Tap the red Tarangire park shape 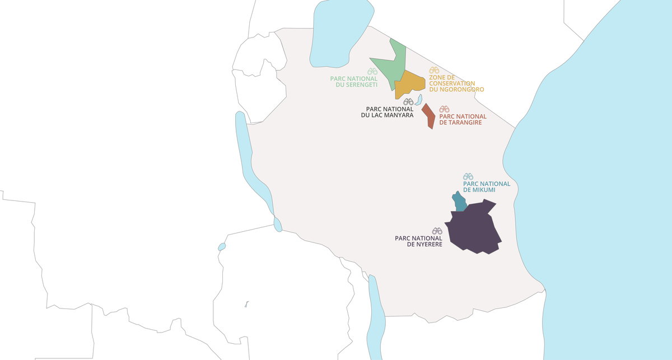428,116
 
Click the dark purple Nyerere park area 473,230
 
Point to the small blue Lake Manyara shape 418,100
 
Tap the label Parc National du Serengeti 353,82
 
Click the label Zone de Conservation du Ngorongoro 456,83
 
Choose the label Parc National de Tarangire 463,120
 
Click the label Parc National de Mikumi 487,187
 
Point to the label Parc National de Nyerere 418,241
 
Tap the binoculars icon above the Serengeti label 372,72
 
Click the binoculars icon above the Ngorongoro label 434,71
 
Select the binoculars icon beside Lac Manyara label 408,102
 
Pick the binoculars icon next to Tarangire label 444,109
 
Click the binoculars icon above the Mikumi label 468,176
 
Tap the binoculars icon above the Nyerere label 437,231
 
